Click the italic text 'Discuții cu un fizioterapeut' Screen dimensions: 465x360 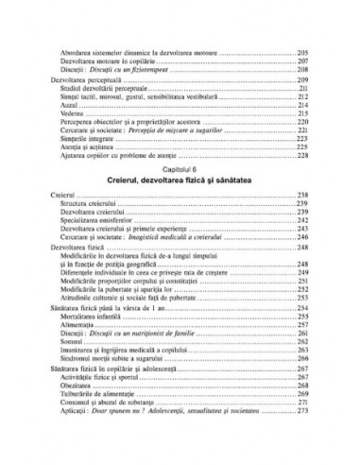(x=139, y=68)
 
